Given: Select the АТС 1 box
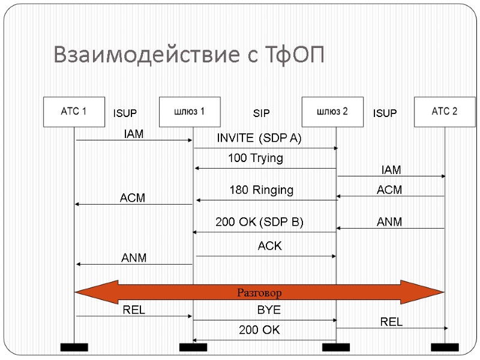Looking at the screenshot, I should pos(74,112).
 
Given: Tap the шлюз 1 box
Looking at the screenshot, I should pos(190,112).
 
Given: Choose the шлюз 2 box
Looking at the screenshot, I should pos(332,112).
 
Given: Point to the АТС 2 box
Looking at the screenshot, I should pos(445,112).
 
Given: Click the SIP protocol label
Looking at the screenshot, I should pos(261,113).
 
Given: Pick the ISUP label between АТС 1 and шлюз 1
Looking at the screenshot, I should pos(125,113).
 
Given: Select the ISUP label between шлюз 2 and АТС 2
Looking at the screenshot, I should pos(385,113).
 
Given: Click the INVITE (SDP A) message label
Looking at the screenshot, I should pos(259,139).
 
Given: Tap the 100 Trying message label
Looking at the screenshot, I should pos(255,159).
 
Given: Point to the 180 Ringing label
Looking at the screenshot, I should pos(262,190).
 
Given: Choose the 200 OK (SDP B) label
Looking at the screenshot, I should pos(259,222).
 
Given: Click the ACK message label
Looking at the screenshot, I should pos(269,246).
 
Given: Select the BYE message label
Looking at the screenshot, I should pos(269,311).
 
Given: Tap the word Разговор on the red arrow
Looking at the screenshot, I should pos(259,293).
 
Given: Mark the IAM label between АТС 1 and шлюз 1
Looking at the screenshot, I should pos(133,134).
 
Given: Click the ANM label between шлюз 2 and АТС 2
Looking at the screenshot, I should pos(389,222).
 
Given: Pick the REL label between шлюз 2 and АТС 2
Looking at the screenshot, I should pos(391,322).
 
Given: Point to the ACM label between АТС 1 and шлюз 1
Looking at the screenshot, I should pos(133,197).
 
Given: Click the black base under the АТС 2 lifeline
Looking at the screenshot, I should pos(445,347).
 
